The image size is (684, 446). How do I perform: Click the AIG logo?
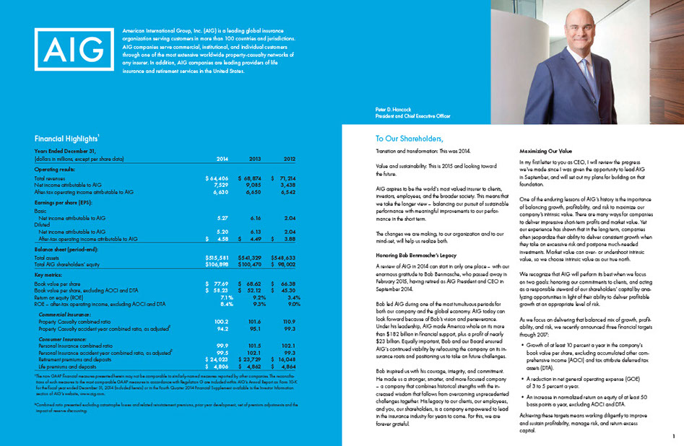[74, 50]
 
